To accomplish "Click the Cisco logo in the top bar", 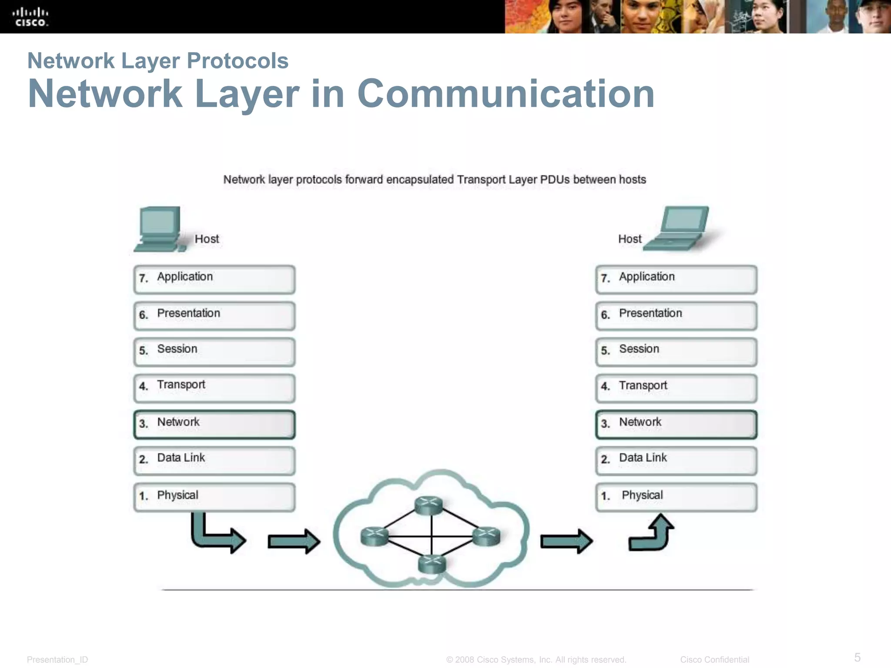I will click(30, 17).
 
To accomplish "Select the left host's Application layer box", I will click(214, 280).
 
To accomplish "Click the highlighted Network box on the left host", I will click(214, 424).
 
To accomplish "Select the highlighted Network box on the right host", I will click(676, 424).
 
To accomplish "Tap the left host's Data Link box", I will click(214, 461).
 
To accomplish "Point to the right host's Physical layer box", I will click(676, 497).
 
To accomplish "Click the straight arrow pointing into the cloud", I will click(294, 541).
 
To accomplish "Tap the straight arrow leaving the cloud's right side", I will click(566, 541).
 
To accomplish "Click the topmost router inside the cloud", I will click(429, 505).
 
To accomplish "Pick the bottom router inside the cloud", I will click(432, 564).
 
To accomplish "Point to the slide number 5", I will click(857, 657).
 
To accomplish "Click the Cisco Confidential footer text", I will click(714, 659).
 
